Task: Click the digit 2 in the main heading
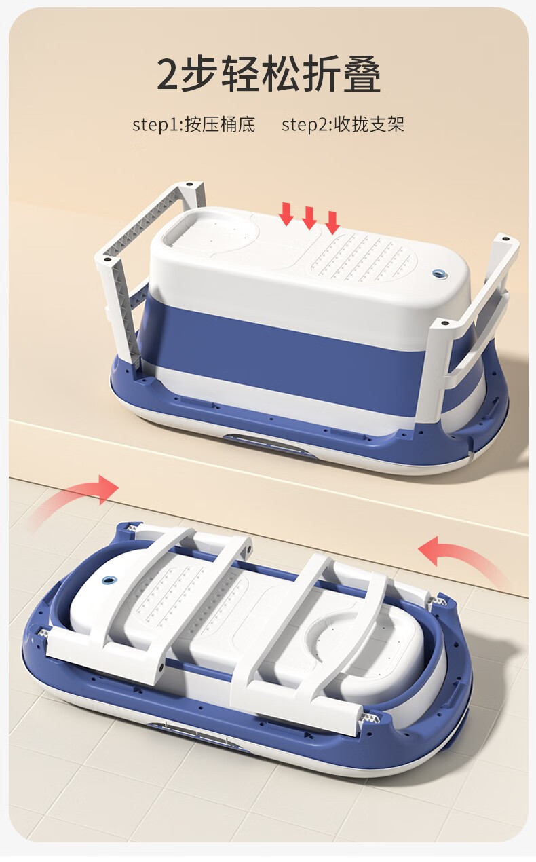click(168, 74)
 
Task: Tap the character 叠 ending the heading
click(359, 74)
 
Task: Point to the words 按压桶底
click(220, 124)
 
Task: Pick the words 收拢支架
click(369, 124)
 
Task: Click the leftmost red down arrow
click(286, 214)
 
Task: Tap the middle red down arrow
click(309, 218)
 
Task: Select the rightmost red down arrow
click(332, 223)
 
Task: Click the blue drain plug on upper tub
click(438, 274)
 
